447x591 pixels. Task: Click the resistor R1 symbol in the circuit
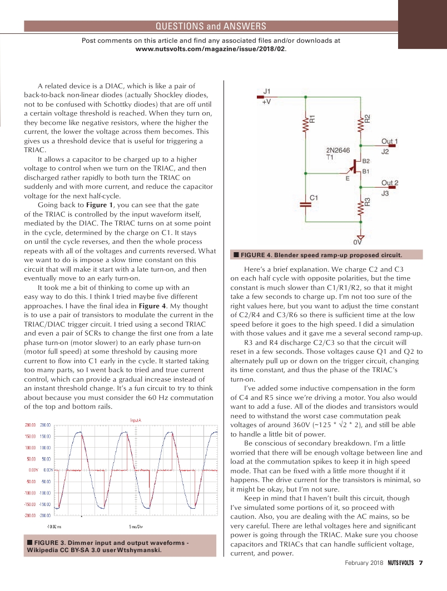tap(305, 126)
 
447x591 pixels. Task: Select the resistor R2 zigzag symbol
tap(360, 126)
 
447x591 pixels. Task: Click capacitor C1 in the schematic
tap(305, 204)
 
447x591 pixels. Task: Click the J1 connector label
tap(267, 91)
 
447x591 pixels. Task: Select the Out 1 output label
tap(389, 142)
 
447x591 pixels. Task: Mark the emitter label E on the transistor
tap(347, 178)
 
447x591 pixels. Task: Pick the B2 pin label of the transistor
tap(366, 161)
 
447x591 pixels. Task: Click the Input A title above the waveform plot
tap(137, 420)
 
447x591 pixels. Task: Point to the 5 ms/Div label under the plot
tap(137, 526)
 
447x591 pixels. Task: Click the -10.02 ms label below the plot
tap(53, 526)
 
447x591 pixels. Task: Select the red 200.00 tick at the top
tap(45, 424)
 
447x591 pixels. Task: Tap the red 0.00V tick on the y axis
tap(46, 470)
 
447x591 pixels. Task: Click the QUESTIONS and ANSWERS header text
tap(211, 26)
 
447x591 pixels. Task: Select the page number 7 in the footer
tap(421, 563)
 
